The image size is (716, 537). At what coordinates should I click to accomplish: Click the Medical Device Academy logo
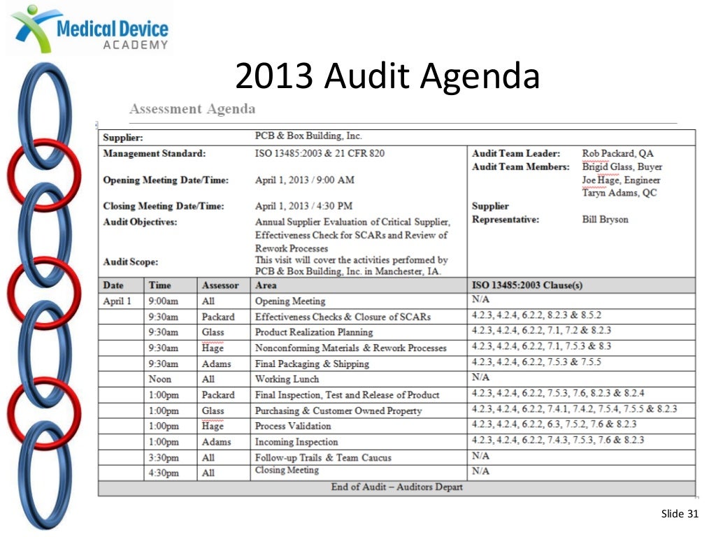tap(89, 28)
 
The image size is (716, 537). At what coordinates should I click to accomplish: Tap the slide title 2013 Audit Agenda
tap(387, 76)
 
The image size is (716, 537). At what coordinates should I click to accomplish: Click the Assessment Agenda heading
tap(192, 109)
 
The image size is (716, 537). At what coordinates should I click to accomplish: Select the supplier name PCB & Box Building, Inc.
tap(308, 136)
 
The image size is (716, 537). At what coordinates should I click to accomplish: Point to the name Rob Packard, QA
tap(617, 153)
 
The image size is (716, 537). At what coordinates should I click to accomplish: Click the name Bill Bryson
tap(605, 220)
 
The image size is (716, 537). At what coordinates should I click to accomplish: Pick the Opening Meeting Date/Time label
tap(166, 180)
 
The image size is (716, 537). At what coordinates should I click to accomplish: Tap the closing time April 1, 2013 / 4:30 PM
tap(303, 206)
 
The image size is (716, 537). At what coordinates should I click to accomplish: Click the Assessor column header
tap(220, 285)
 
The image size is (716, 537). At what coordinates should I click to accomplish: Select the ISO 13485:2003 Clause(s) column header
tap(527, 285)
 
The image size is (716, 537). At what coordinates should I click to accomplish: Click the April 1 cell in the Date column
tap(117, 301)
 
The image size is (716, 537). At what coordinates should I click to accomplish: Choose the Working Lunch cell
tap(287, 379)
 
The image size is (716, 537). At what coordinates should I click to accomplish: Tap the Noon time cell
tap(159, 379)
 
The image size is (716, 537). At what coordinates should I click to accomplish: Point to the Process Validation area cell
tap(293, 426)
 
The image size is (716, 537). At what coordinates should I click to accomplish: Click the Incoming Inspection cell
tap(296, 442)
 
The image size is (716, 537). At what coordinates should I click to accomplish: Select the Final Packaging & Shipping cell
tap(311, 364)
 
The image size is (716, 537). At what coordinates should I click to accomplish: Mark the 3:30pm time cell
tap(163, 457)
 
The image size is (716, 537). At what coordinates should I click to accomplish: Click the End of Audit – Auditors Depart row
tap(396, 487)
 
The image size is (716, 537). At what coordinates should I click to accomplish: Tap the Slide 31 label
tap(680, 515)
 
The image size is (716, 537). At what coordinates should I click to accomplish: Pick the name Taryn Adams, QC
tap(620, 193)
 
